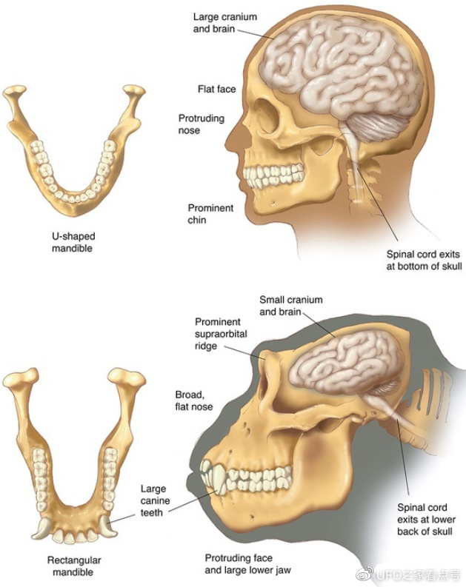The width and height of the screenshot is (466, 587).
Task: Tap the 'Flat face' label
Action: [x=216, y=90]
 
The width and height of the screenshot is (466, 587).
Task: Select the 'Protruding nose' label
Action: [x=201, y=124]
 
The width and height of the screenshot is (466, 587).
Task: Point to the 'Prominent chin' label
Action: [x=210, y=214]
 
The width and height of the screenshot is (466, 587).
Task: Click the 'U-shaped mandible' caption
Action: [x=73, y=243]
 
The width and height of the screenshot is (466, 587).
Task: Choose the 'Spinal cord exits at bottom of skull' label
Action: [x=424, y=259]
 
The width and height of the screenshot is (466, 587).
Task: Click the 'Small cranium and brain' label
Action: [x=291, y=306]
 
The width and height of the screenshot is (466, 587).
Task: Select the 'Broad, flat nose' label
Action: [x=193, y=400]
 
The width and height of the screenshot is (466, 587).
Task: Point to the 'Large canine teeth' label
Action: [x=153, y=501]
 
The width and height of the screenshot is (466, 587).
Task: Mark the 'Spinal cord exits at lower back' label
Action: [x=422, y=520]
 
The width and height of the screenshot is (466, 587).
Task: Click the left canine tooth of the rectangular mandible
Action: [x=43, y=527]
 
